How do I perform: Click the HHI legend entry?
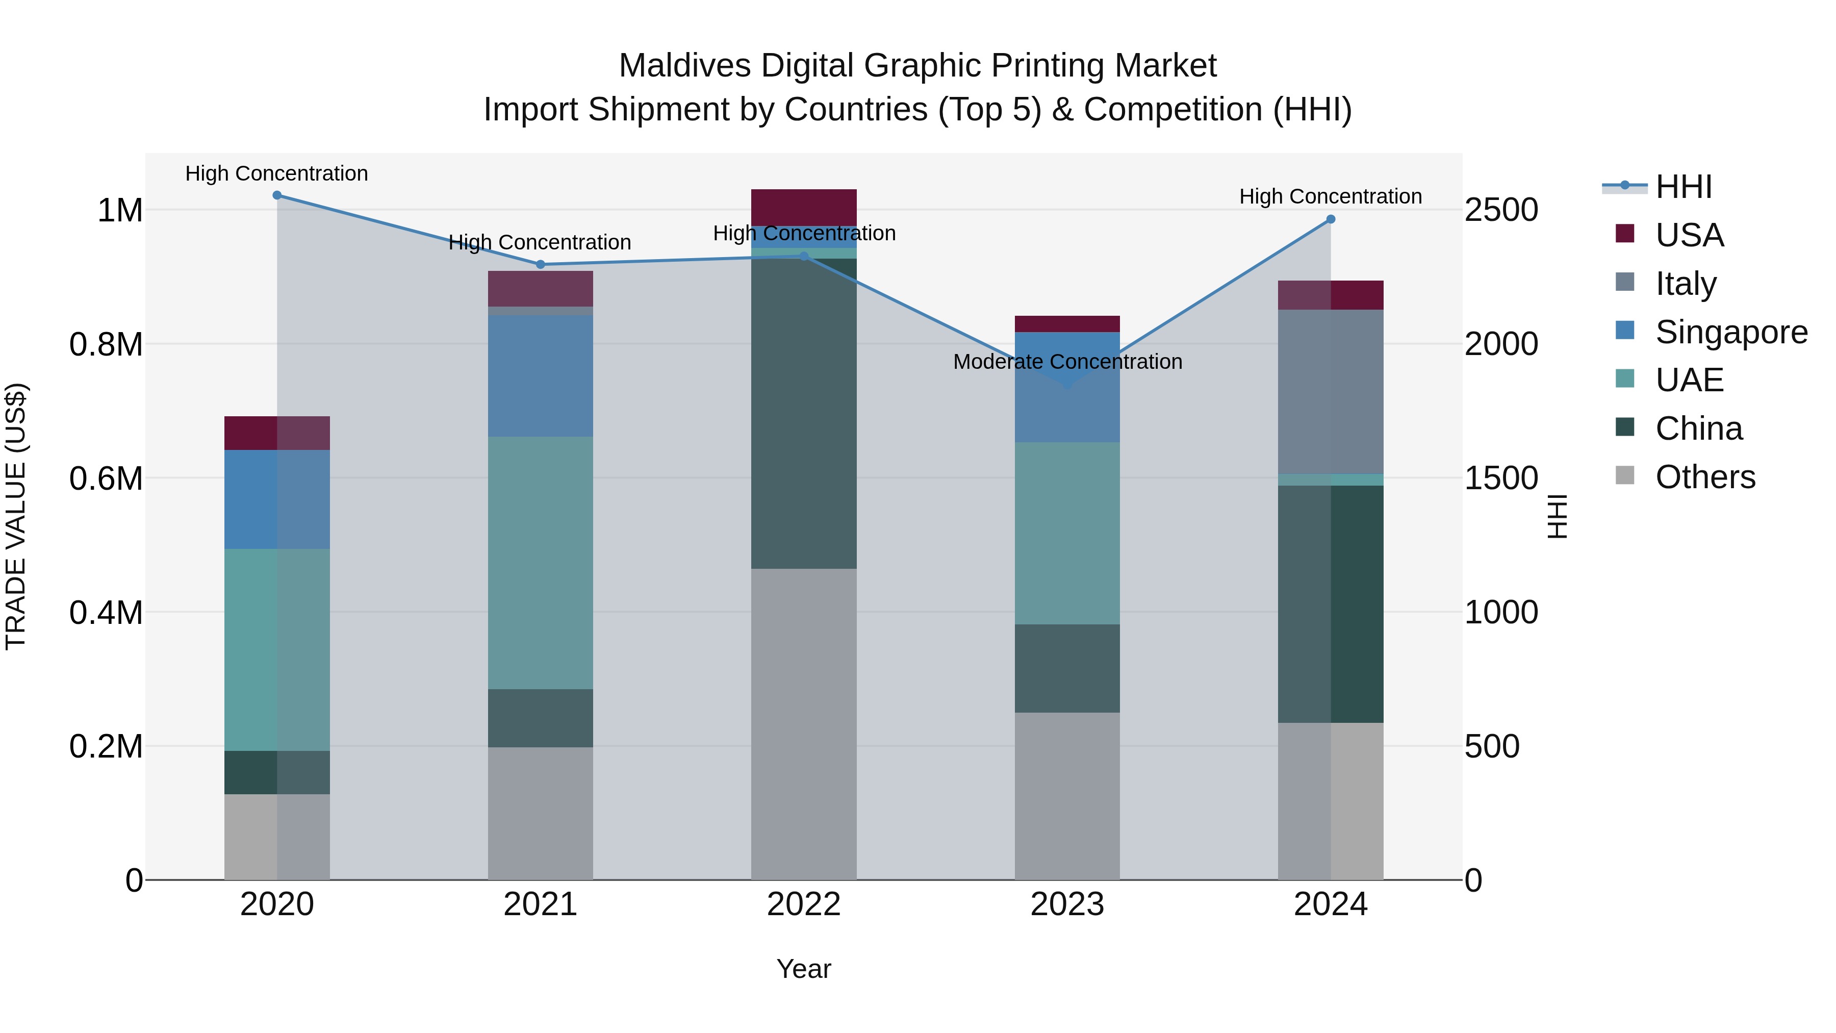pyautogui.click(x=1682, y=187)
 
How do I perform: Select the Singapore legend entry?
pyautogui.click(x=1730, y=332)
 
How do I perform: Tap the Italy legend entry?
pyautogui.click(x=1685, y=284)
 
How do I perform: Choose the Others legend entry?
pyautogui.click(x=1705, y=477)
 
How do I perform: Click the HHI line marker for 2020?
pyautogui.click(x=277, y=195)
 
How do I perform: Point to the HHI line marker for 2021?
pyautogui.click(x=540, y=264)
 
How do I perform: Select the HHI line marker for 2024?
pyautogui.click(x=1330, y=219)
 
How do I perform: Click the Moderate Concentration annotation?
pyautogui.click(x=1067, y=362)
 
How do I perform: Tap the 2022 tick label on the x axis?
pyautogui.click(x=803, y=904)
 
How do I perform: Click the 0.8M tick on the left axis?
pyautogui.click(x=106, y=344)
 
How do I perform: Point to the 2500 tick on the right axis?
pyautogui.click(x=1501, y=210)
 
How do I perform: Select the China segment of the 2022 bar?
pyautogui.click(x=803, y=414)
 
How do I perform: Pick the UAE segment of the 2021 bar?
pyautogui.click(x=540, y=563)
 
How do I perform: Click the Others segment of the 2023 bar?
pyautogui.click(x=1067, y=796)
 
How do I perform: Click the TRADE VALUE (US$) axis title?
pyautogui.click(x=16, y=516)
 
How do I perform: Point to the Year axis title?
pyautogui.click(x=803, y=969)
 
